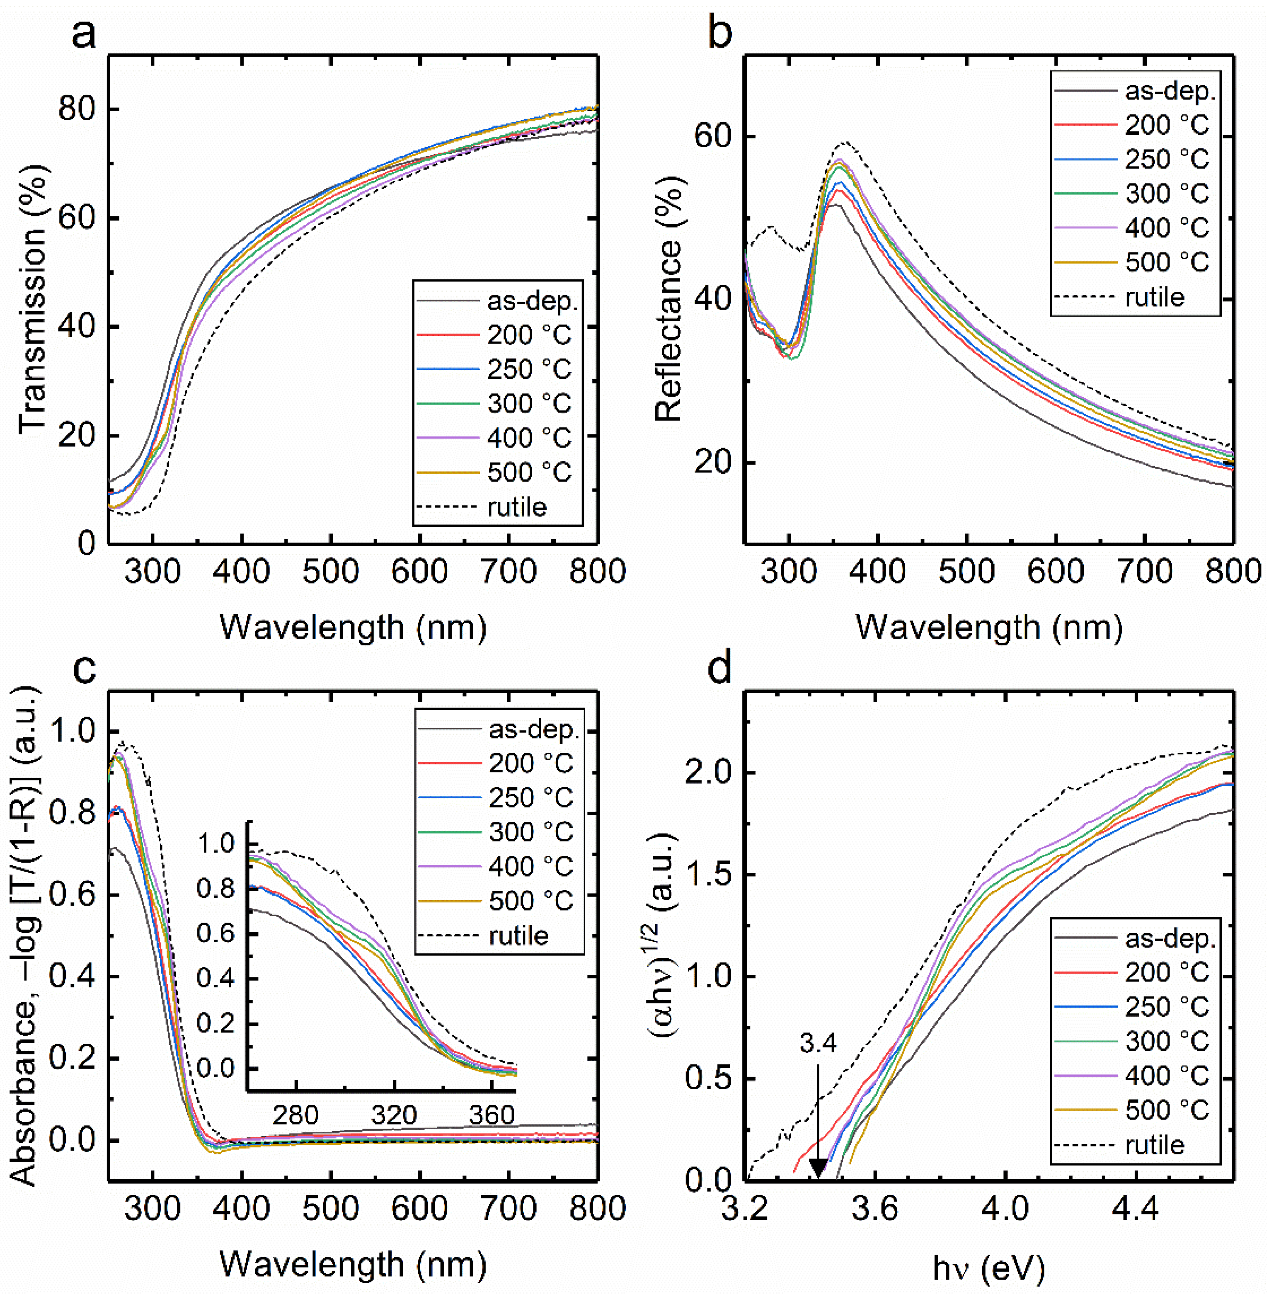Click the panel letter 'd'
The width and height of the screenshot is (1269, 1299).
pyautogui.click(x=720, y=667)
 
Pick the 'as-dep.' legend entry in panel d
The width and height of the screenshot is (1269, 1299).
pyautogui.click(x=1169, y=938)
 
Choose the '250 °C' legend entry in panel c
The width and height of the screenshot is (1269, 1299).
pyautogui.click(x=530, y=798)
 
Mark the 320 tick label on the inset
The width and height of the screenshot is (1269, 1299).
pyautogui.click(x=394, y=1115)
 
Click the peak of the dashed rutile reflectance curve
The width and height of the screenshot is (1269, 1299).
pyautogui.click(x=845, y=142)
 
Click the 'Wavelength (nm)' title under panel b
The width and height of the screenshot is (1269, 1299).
pyautogui.click(x=989, y=627)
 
